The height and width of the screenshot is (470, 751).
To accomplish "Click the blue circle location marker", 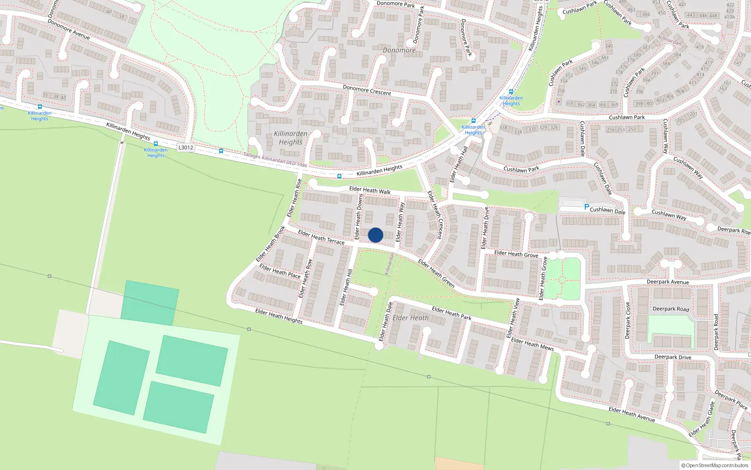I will coord(375,235).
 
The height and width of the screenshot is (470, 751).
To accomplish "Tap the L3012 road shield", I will coord(186,148).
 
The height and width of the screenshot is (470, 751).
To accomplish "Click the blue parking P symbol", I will coord(587,206).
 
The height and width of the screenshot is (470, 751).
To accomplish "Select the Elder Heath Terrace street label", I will coord(321,237).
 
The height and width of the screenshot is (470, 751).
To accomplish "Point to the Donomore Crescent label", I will coord(367,90).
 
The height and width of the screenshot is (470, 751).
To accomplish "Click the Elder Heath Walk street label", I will coord(370,190).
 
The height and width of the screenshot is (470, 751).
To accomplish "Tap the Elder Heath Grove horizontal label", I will coord(516,254).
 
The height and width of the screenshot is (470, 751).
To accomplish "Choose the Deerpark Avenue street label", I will coord(667,282).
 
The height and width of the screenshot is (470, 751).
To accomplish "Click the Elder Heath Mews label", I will coord(532,345).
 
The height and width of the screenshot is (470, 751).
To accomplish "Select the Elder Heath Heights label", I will coord(279,316).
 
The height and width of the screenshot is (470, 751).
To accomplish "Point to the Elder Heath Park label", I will coord(452,313).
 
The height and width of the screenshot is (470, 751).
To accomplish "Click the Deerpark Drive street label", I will coord(673,357).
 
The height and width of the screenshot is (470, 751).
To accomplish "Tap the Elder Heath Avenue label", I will coord(631,414).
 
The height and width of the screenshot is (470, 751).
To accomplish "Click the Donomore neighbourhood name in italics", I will coord(399,50).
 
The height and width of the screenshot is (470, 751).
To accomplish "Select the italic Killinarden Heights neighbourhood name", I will coord(291,138).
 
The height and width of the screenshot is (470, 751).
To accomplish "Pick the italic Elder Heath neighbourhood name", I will coord(410,318).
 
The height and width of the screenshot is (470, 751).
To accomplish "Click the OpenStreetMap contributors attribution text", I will coord(714,466).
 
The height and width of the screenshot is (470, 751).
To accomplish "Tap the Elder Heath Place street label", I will coord(280,271).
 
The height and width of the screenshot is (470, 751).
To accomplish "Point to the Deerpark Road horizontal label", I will coord(671,309).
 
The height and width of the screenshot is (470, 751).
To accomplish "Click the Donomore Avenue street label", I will coord(69,29).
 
